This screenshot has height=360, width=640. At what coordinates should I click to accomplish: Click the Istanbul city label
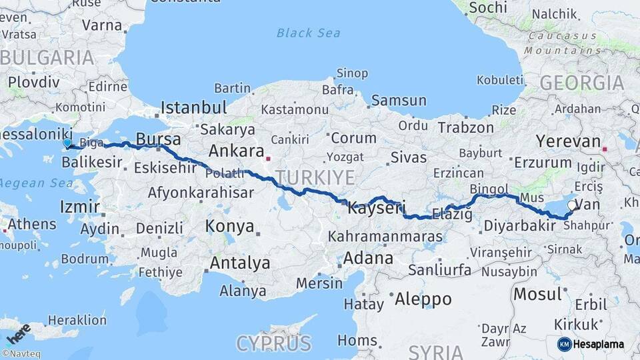pos(194,107)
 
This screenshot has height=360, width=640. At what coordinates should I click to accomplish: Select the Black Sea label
pos(308,33)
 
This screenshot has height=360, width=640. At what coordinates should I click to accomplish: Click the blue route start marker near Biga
pos(67,143)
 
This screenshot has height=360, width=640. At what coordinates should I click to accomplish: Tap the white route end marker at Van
pos(572,205)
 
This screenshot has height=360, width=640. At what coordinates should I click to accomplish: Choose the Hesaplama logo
pos(590,344)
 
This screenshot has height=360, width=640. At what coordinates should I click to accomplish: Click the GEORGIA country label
pos(581,83)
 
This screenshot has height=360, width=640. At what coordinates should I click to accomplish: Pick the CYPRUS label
pos(273,343)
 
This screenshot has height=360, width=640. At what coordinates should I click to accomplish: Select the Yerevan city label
pos(569,141)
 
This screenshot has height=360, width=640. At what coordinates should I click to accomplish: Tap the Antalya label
pos(240,263)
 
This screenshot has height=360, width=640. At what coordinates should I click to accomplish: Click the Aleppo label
pos(423,299)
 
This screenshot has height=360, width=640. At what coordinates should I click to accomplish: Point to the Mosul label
pos(537,293)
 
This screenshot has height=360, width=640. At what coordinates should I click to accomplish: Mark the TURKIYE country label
pos(315,177)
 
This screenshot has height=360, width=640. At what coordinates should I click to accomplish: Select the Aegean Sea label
pos(26,183)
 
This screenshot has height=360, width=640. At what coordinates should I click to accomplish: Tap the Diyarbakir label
pos(519,226)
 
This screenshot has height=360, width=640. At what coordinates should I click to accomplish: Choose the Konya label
pos(230,226)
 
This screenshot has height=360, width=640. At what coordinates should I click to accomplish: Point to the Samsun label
pos(399,101)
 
